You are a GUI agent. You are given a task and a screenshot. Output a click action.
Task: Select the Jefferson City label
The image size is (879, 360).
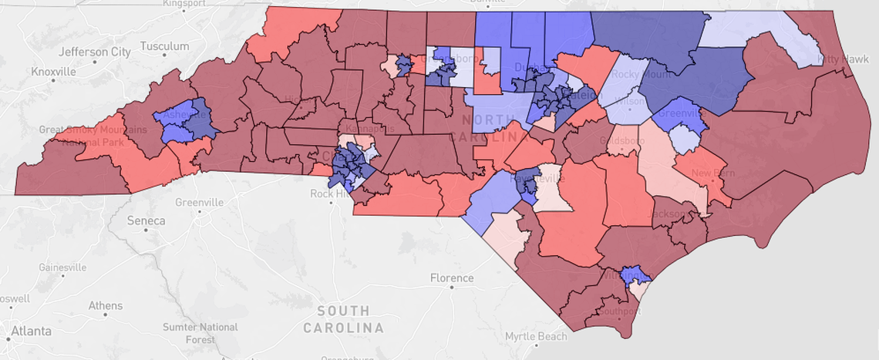pos(95,52)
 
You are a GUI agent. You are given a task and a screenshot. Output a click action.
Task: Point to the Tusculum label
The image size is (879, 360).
pos(163,46)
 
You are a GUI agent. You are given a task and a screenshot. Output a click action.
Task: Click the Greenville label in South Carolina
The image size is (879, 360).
pos(199,202)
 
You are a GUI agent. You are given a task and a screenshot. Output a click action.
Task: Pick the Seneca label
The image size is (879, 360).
pos(146,221)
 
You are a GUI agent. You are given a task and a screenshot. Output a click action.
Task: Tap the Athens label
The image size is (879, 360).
pos(105,305)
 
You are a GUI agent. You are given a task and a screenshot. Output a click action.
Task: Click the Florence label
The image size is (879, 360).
pos(452,278)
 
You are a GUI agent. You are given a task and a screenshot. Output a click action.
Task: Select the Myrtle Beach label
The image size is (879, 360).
pos(535,336)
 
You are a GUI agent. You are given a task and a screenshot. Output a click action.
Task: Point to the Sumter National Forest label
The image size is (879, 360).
pos(200,333)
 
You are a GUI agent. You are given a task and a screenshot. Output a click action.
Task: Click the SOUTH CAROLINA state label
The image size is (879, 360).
pos(343,319)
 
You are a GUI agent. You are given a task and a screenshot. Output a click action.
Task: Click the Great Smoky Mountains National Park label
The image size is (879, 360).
pos(93,136)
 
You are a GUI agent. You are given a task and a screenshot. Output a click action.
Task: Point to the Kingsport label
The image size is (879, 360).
pos(184,4)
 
